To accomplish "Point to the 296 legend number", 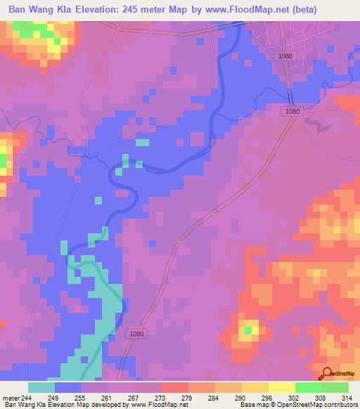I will point(266,396).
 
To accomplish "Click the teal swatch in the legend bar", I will point(41,387).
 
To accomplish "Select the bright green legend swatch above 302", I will point(308,387).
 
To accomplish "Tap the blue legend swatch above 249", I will point(68,387).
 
